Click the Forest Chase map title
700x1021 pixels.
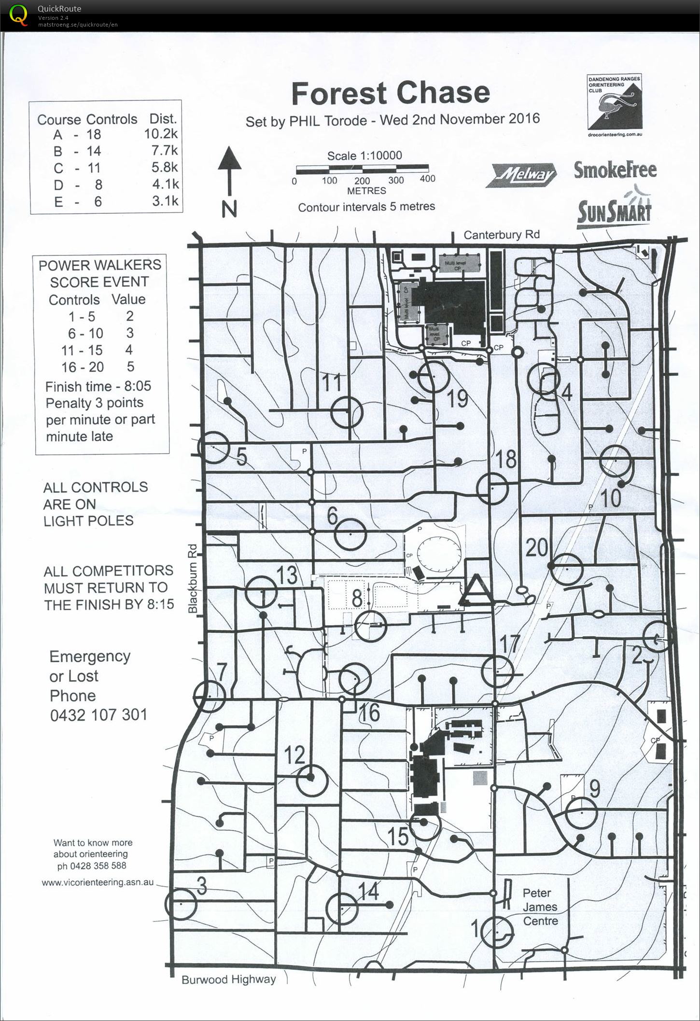pos(391,93)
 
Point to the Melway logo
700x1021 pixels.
pos(524,175)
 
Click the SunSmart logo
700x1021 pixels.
pos(614,211)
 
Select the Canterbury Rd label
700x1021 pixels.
pos(501,235)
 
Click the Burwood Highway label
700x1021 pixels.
pos(228,979)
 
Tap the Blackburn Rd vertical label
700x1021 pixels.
pos(193,578)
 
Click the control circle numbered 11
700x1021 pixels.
pos(347,412)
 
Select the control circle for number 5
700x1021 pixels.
pos(213,448)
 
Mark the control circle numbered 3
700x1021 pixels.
pos(181,904)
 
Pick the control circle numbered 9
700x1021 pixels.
pos(582,813)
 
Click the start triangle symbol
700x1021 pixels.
pos(476,590)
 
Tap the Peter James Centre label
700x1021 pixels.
pos(540,907)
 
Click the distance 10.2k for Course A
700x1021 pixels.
pos(161,134)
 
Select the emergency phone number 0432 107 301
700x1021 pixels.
pos(98,714)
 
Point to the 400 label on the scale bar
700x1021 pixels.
pos(427,179)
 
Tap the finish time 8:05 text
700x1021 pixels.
pos(138,386)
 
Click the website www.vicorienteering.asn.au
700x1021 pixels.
pos(98,882)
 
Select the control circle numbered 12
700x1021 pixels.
pos(312,780)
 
